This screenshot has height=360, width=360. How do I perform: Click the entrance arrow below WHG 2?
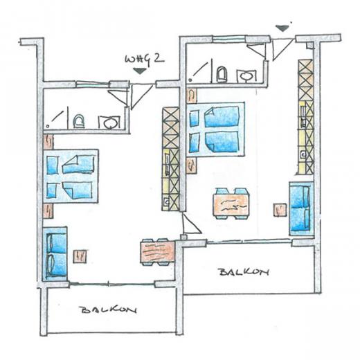(141, 71)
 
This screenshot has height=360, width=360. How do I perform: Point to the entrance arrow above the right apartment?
(280, 28)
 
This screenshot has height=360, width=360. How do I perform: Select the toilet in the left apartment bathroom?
(78, 122)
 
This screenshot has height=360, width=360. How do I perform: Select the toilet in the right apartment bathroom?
(222, 74)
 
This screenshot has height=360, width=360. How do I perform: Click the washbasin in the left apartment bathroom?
(109, 123)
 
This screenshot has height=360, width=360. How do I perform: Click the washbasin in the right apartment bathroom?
(246, 75)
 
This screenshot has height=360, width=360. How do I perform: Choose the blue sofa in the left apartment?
(55, 253)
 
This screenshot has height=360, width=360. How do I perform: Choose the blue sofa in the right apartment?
(299, 207)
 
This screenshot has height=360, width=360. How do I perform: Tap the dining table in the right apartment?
(231, 204)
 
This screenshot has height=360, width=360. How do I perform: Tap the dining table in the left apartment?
(156, 251)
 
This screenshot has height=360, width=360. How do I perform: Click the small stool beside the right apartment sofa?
(279, 209)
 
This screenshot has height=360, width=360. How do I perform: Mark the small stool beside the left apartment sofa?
(80, 257)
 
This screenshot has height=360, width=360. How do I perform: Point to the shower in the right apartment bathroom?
(199, 70)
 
